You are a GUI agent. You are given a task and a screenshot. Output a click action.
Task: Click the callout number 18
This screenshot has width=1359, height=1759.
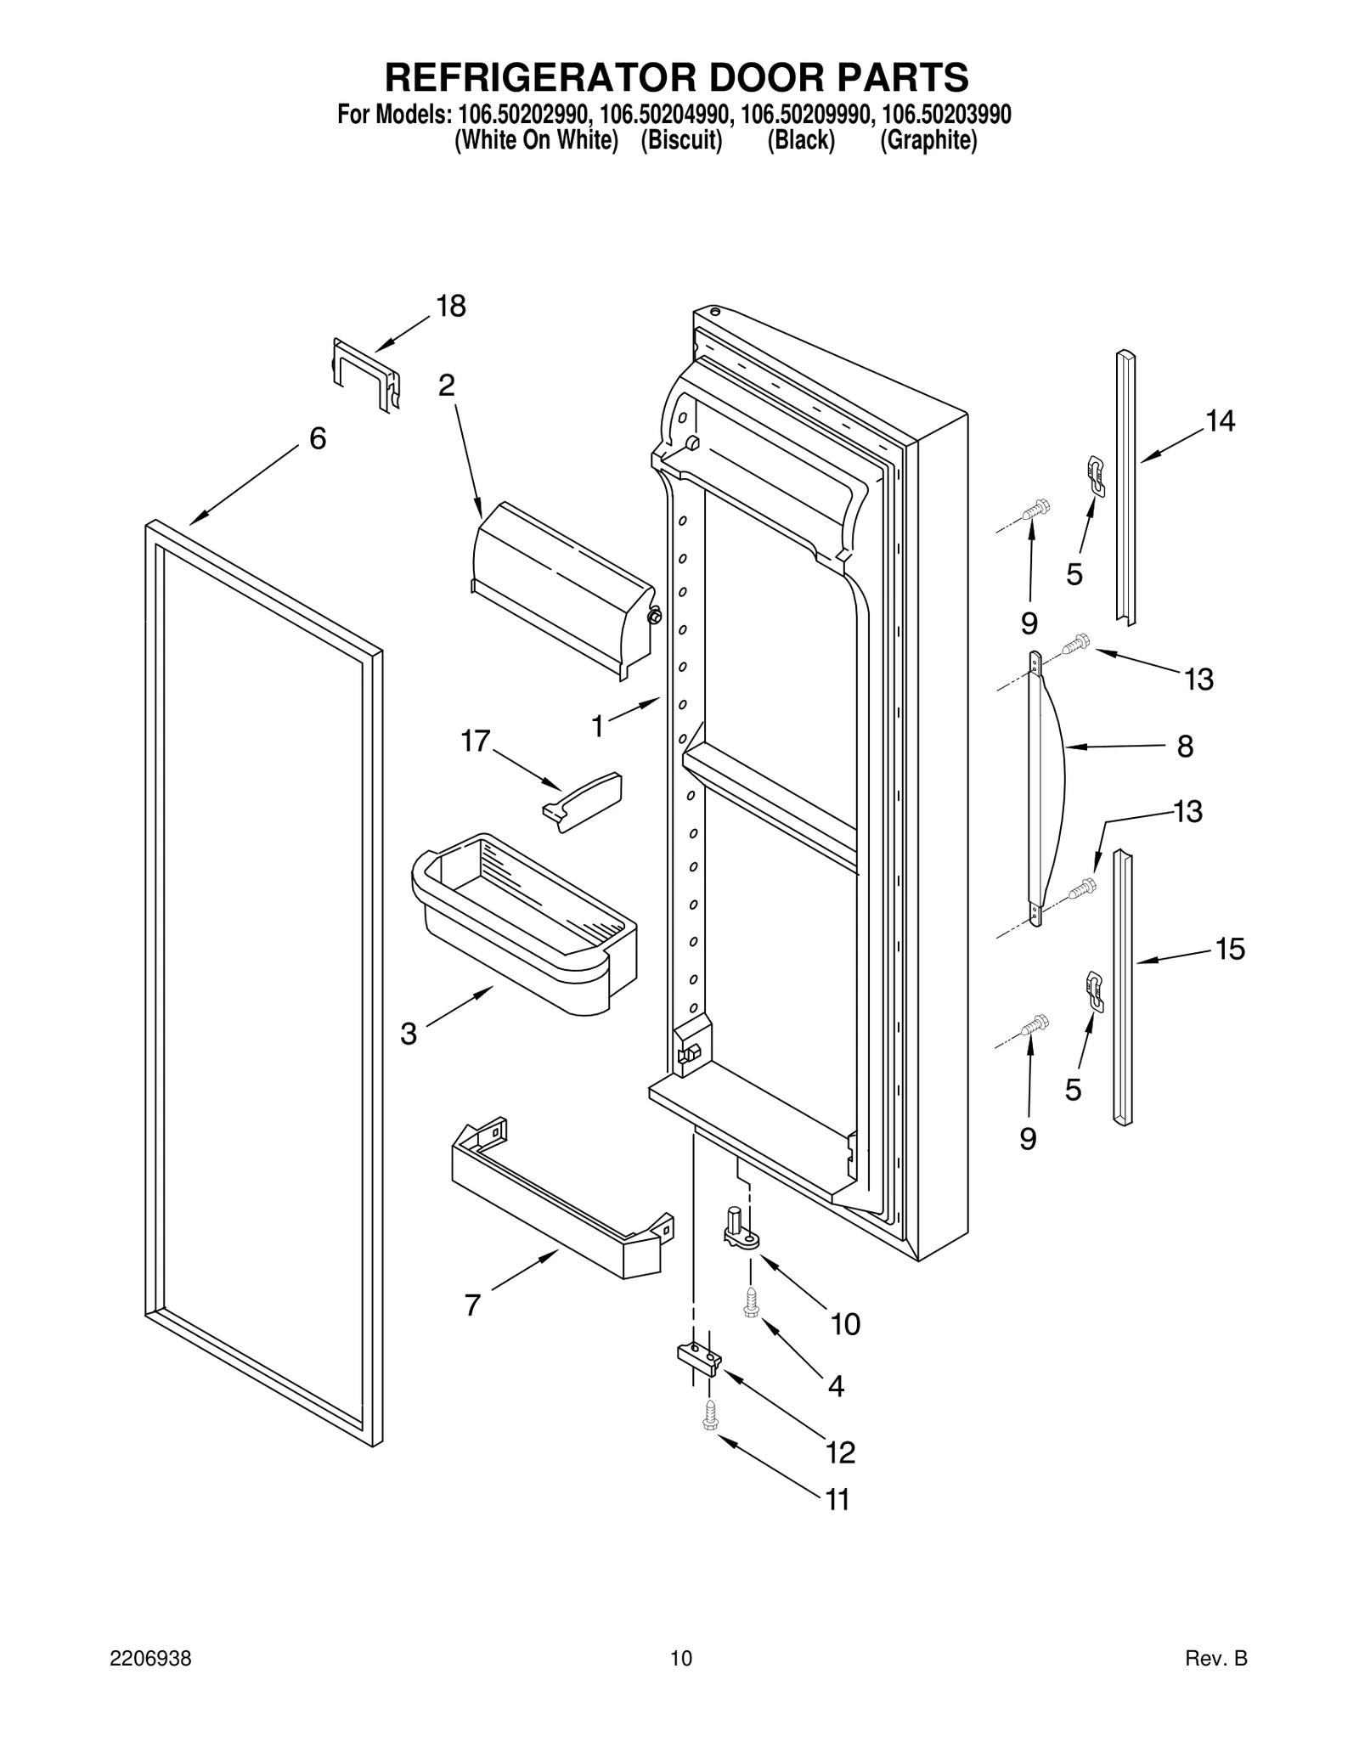pos(451,307)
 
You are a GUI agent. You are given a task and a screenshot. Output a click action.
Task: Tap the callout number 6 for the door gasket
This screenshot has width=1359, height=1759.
pos(317,438)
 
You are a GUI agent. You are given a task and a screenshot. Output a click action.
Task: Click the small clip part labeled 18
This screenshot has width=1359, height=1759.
pos(365,374)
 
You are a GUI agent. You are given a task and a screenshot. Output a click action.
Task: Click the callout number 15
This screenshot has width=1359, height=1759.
pos(1229,949)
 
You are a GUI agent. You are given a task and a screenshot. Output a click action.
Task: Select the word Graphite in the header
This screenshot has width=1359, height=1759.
pos(928,140)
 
